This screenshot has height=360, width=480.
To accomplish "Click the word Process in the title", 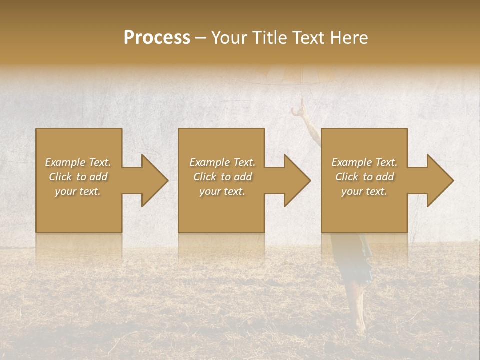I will coord(157,38).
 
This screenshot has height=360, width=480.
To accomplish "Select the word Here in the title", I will coord(349,38).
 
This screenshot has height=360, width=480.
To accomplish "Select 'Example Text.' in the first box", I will coord(78,162).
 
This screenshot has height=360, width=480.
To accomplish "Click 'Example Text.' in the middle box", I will coord(222,162).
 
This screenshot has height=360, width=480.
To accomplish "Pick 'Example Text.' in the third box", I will coord(364,162).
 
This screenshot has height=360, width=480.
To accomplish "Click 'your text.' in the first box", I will coord(78,191).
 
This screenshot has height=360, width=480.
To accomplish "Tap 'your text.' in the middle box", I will coord(222,191).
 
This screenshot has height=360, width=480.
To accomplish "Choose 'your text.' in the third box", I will coord(364,191).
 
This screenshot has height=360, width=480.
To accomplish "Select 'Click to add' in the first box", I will coord(78,177).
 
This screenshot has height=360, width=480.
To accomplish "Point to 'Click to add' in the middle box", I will coord(222,177).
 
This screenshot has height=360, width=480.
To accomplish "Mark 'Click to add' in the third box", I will coord(364,177).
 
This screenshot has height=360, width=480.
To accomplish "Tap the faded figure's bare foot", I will coord(359,327).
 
